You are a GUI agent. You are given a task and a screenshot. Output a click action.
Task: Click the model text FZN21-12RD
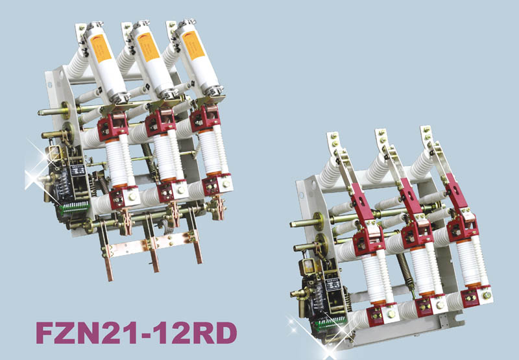click(136, 332)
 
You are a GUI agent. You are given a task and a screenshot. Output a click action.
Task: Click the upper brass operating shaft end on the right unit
click(297, 224)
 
